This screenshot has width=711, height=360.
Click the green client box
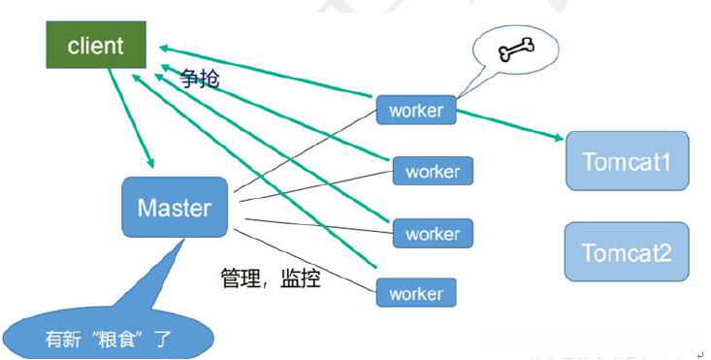coord(96,45)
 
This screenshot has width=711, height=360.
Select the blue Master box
coord(175,207)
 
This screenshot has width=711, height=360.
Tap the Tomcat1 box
coord(626,160)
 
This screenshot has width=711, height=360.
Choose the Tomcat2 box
coord(626,252)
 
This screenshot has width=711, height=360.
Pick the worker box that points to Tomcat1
coord(415,111)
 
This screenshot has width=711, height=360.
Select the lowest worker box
coord(415,293)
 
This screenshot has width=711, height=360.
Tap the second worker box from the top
coord(433,172)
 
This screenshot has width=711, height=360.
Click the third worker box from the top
coord(433,234)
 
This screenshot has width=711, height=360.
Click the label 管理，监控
coord(271,280)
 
